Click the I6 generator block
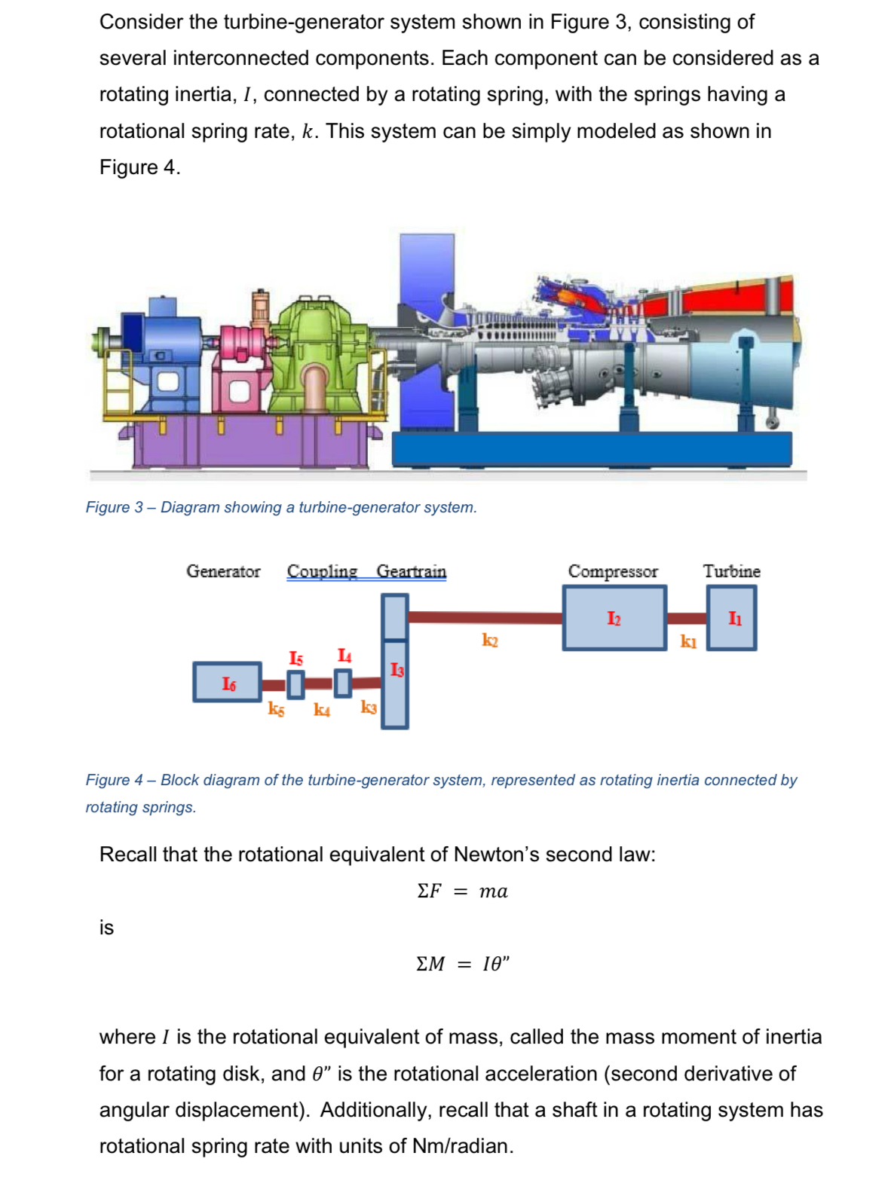(228, 682)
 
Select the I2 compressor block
(614, 618)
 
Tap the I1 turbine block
(732, 618)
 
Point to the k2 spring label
(490, 640)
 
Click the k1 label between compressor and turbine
(688, 641)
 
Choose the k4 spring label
(322, 709)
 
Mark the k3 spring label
(369, 707)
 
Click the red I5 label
(296, 659)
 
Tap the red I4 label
(344, 656)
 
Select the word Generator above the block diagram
(223, 571)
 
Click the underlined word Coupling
(322, 571)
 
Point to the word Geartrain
(412, 571)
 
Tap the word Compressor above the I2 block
(613, 571)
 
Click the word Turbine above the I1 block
(731, 571)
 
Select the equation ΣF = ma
(462, 891)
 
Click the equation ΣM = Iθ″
(462, 964)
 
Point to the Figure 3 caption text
(281, 507)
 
